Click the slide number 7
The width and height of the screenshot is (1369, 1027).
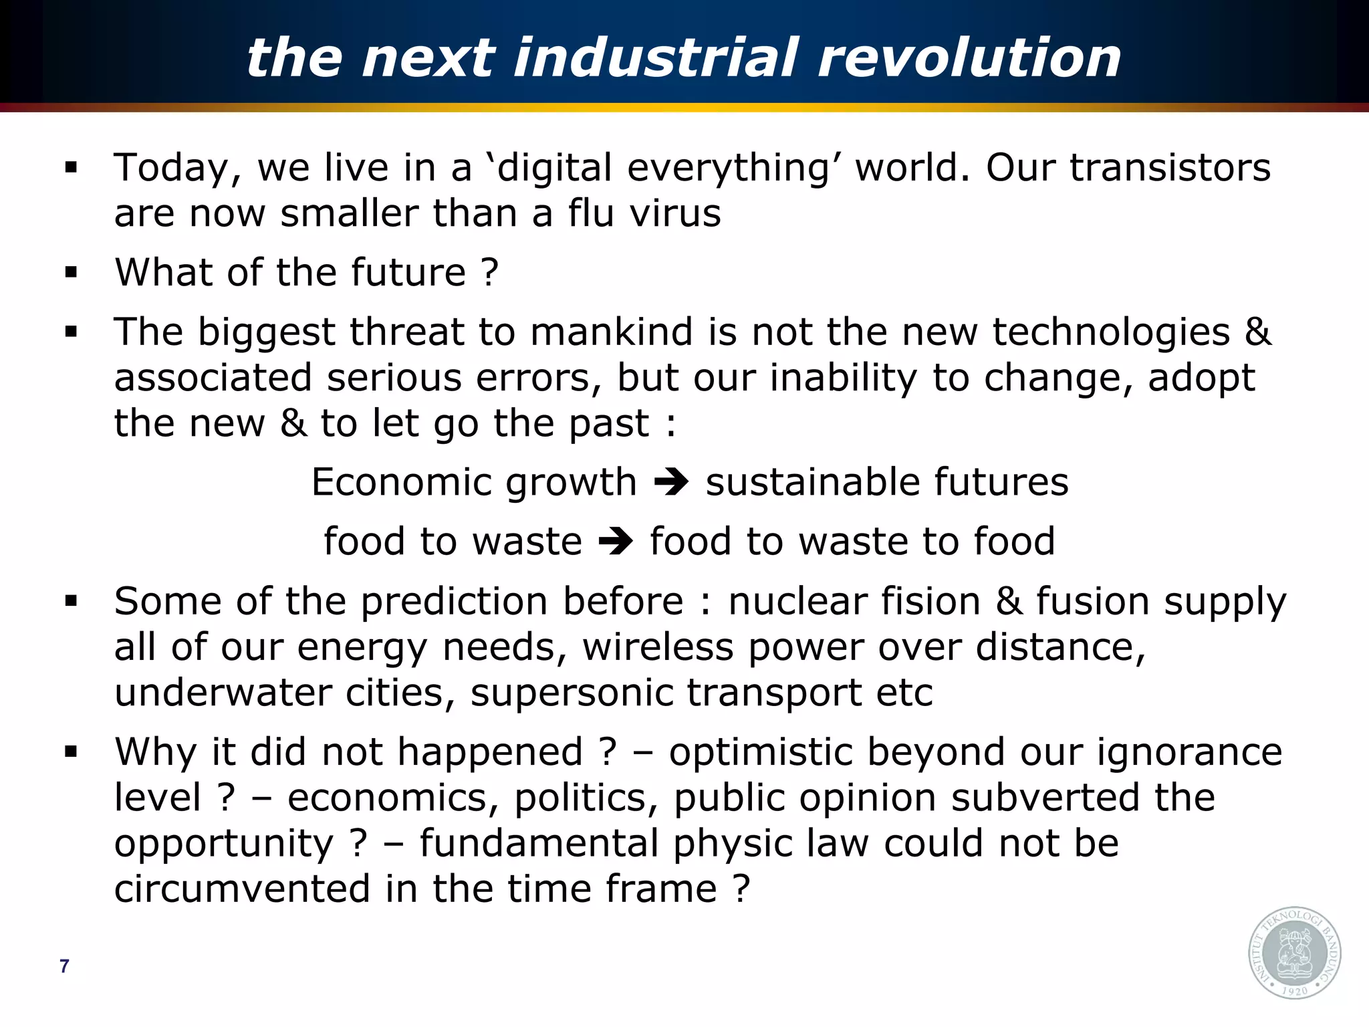point(64,966)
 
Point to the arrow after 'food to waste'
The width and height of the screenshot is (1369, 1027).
point(616,542)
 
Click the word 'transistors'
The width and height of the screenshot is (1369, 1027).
point(1170,167)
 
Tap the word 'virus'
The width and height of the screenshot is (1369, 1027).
point(676,213)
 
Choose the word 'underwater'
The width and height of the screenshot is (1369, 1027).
point(223,692)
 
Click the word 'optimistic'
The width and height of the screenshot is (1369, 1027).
point(761,752)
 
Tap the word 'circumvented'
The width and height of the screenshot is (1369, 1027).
point(242,889)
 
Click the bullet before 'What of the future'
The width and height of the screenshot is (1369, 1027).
point(71,272)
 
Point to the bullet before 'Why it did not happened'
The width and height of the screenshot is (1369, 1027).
point(71,752)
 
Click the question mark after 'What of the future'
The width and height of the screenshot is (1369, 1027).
point(489,273)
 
